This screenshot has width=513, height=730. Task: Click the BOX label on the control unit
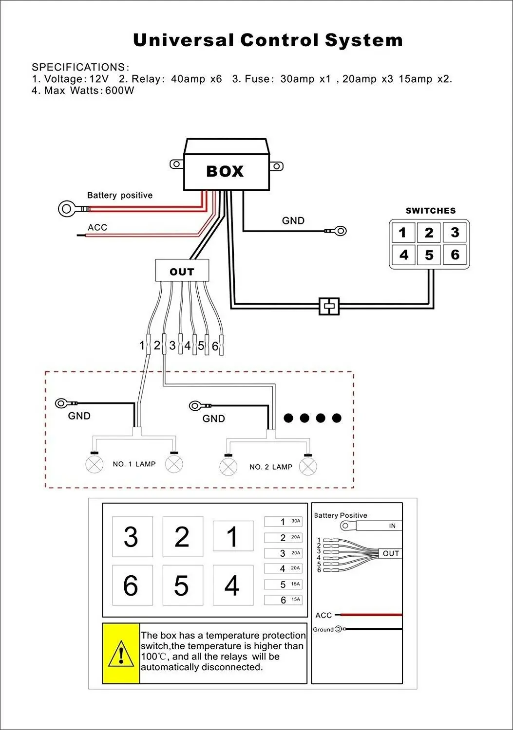point(225,171)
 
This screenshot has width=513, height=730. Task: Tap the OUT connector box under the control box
point(182,271)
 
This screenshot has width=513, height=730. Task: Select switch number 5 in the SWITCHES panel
point(429,255)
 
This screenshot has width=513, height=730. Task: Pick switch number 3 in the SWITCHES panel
point(455,232)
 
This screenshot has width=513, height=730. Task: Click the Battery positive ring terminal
point(68,209)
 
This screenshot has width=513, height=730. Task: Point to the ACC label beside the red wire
point(97,227)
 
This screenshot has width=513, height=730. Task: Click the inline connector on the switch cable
point(329,306)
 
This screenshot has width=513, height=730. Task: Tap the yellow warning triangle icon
point(121,654)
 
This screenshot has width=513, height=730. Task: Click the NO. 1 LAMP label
point(134,464)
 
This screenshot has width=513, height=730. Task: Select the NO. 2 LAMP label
point(271,467)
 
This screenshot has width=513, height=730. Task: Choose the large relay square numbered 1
point(233,536)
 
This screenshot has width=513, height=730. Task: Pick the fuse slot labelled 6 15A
point(283,600)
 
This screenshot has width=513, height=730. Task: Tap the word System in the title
point(363,41)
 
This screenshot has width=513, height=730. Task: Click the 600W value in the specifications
point(119,90)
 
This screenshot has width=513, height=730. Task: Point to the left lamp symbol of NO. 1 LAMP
point(95,464)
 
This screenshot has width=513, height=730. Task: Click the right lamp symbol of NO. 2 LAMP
point(308,467)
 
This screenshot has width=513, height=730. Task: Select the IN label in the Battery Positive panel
point(392,526)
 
